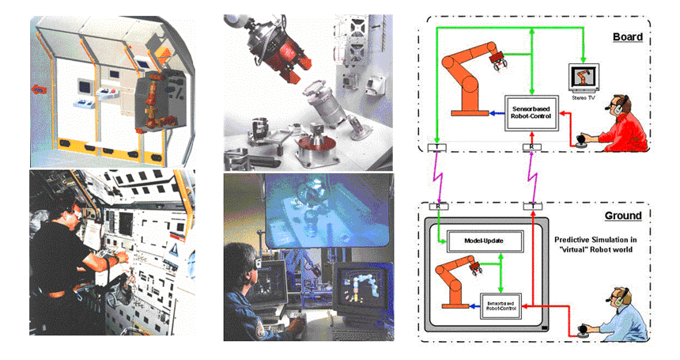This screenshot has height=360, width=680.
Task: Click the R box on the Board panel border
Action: (x=533, y=148)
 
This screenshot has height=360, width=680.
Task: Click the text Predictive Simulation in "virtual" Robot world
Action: (x=605, y=244)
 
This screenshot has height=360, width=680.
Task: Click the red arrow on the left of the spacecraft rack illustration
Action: (x=38, y=91)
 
